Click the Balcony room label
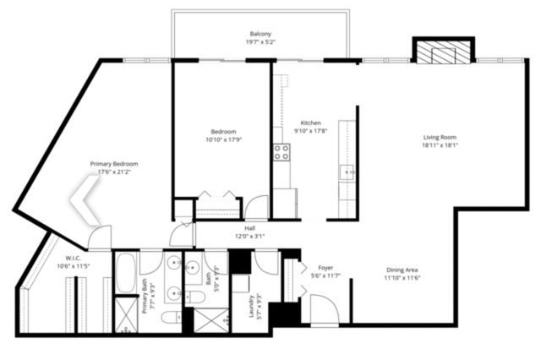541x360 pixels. (x=260, y=34)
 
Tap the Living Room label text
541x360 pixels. (x=440, y=137)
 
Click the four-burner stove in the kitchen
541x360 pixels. (x=281, y=152)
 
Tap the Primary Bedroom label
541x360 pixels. (x=114, y=163)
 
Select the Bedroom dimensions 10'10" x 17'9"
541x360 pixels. (x=223, y=140)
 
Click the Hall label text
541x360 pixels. (x=249, y=227)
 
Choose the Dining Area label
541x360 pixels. (x=402, y=269)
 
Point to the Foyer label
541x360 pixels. (x=325, y=267)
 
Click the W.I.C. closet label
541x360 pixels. (x=72, y=258)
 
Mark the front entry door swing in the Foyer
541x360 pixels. (x=323, y=309)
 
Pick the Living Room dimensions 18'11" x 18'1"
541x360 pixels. (x=440, y=145)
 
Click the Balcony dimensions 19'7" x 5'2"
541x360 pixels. (x=260, y=41)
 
